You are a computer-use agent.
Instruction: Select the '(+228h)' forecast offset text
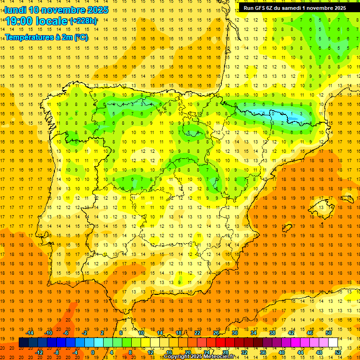[83, 21]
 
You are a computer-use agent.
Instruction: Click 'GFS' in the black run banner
[261, 8]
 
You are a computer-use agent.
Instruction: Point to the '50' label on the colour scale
[328, 333]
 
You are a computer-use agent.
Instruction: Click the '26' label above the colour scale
[216, 333]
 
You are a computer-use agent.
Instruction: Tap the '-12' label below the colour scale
[39, 352]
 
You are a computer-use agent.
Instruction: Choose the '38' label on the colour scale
[272, 333]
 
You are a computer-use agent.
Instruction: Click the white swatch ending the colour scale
[333, 343]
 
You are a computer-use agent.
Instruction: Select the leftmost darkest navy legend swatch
[23, 343]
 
